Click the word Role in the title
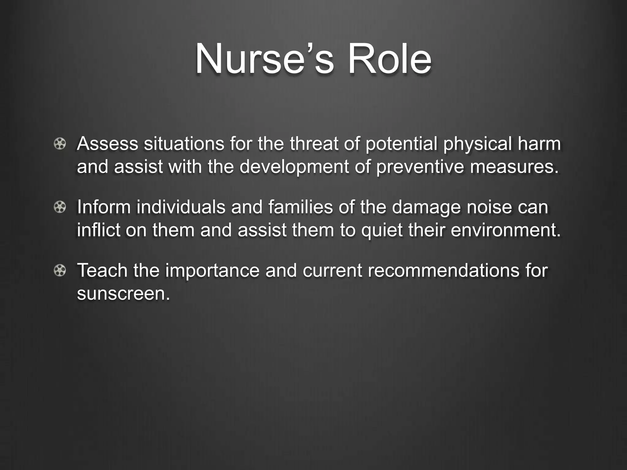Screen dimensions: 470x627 coord(389,59)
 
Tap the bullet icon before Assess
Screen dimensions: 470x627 coord(60,144)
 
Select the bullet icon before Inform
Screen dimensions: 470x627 coord(60,207)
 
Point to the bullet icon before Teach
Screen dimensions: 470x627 coord(60,271)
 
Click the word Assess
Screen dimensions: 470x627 coord(107,144)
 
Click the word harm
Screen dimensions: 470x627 coord(539,144)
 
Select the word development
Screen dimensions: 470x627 coord(294,167)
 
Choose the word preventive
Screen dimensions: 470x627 coord(420,167)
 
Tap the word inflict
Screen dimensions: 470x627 coord(98,230)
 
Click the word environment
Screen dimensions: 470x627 coord(505,230)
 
